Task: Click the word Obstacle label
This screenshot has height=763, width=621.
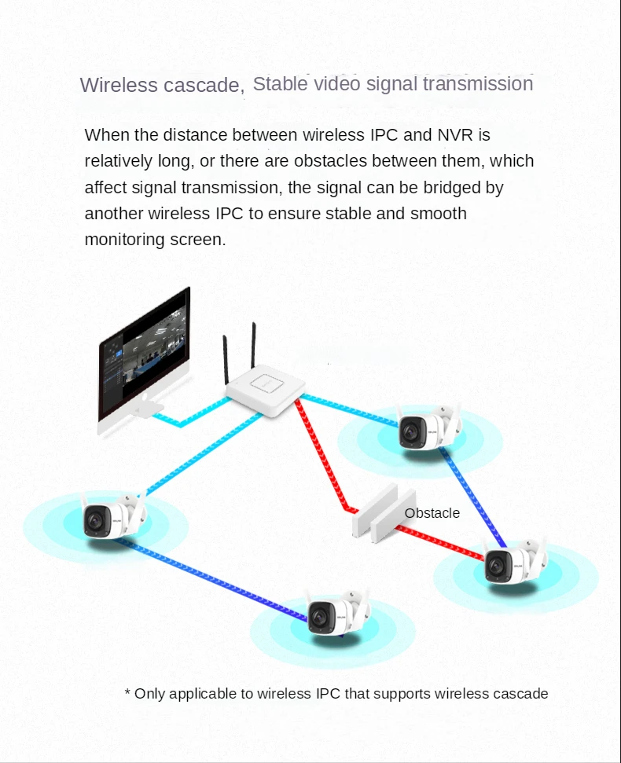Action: (x=432, y=513)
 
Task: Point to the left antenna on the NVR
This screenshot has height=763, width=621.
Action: (x=226, y=361)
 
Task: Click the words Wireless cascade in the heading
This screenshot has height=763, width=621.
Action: (x=161, y=85)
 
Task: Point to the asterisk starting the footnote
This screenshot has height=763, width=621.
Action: (x=127, y=693)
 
